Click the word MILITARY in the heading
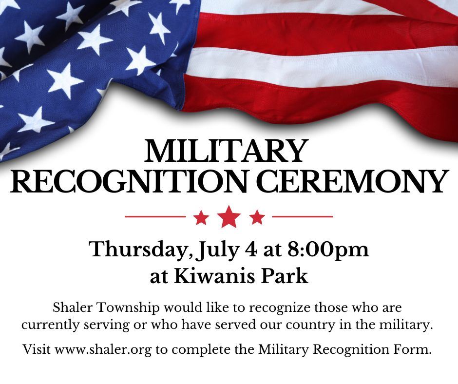tap(227, 152)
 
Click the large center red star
tap(229, 217)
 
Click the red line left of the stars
tap(155, 216)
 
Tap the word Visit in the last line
tap(37, 349)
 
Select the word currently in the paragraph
tap(47, 325)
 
